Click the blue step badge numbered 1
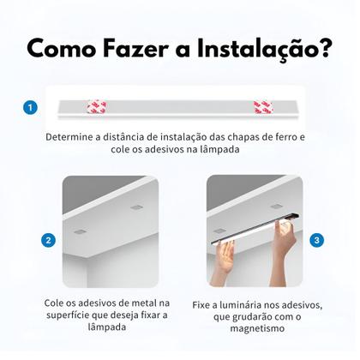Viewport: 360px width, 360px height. click(x=31, y=108)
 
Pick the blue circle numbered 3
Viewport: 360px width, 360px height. click(x=317, y=240)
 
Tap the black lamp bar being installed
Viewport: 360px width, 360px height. click(x=257, y=227)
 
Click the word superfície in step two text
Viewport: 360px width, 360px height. click(x=69, y=317)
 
